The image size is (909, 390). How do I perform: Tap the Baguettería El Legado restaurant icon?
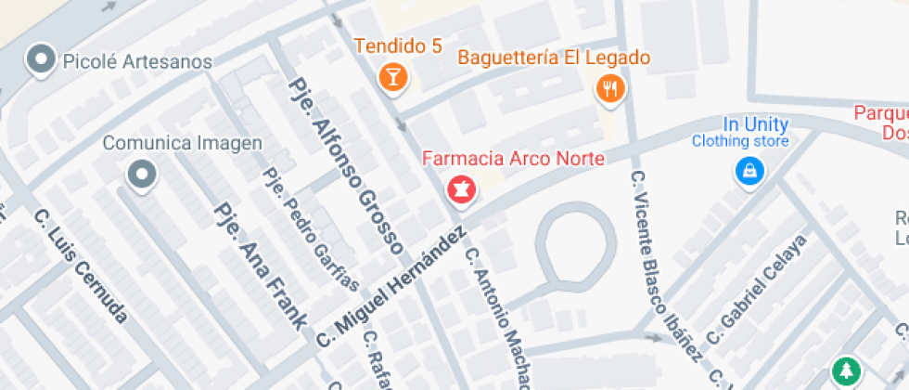coord(609,88)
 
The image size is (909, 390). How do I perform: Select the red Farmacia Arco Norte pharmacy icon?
coord(461,190)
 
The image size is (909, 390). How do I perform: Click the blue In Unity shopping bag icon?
coord(748,171)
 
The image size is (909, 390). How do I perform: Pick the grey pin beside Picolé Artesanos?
coord(41,61)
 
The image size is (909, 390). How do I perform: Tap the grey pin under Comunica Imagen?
coord(141,174)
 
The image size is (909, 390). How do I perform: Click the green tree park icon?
coord(844,372)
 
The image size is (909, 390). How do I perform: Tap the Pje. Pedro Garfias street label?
coord(310,228)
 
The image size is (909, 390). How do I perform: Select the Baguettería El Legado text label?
coord(554,58)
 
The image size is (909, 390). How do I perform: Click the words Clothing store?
coord(740,141)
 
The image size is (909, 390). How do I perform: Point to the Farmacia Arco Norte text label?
coord(513,158)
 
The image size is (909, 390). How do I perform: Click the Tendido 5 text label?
coord(398,45)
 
